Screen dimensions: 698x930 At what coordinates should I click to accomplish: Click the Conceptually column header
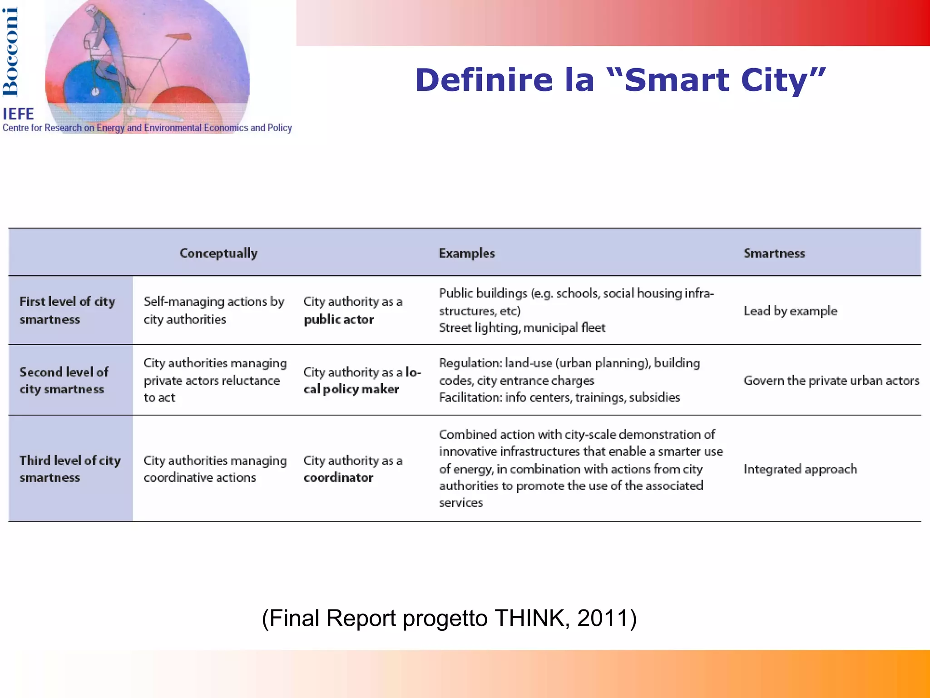tap(218, 253)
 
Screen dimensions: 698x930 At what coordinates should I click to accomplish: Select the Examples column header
tap(466, 253)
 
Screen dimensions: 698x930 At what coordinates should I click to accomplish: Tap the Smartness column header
tap(774, 253)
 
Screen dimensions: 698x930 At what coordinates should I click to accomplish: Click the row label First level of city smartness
tap(67, 310)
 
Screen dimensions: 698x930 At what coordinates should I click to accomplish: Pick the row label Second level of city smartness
tap(64, 380)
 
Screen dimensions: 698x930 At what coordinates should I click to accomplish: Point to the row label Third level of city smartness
tap(70, 469)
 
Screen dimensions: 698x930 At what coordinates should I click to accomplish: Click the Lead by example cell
tap(790, 311)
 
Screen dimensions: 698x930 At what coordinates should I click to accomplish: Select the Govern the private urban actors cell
tap(831, 380)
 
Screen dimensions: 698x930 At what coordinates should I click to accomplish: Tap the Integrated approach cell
tap(800, 469)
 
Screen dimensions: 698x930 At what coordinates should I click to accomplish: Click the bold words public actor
tap(338, 319)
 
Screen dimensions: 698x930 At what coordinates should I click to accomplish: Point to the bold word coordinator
tap(338, 477)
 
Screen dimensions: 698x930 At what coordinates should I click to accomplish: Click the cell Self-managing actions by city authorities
tap(213, 310)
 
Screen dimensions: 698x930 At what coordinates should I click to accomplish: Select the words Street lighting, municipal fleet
tap(522, 327)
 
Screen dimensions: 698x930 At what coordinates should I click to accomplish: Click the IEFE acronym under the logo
tap(18, 114)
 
